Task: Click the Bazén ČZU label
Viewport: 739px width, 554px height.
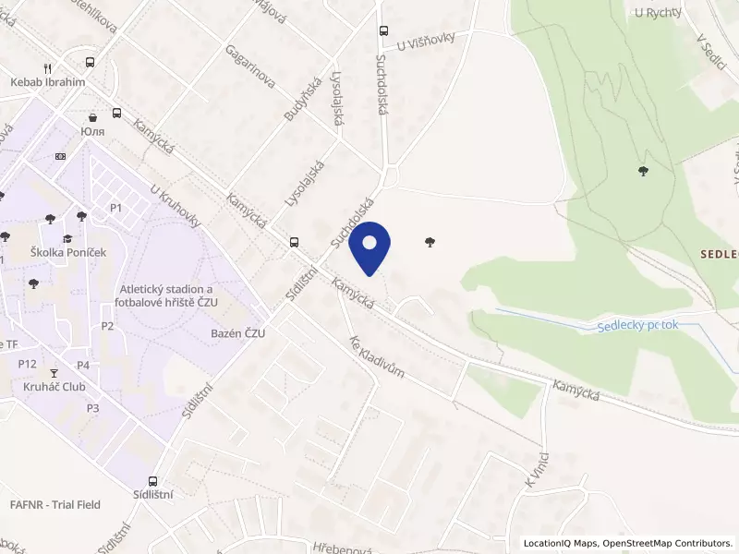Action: [x=237, y=333]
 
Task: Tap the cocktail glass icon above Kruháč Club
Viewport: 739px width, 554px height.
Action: [x=54, y=373]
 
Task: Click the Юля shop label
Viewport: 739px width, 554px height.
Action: [x=91, y=131]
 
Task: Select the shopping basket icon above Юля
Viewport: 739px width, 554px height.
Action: [x=92, y=117]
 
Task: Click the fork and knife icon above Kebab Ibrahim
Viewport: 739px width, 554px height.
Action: [x=47, y=68]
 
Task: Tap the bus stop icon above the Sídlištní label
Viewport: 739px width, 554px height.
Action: [x=152, y=481]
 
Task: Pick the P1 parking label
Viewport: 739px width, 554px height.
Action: [x=115, y=208]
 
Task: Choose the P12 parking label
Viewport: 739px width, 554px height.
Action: [x=27, y=364]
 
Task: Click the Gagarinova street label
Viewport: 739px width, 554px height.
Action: [x=250, y=67]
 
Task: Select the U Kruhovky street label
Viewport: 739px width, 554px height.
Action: [x=176, y=203]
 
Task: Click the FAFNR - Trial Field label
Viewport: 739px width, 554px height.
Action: [x=55, y=505]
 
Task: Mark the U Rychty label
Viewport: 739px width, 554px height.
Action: [x=659, y=12]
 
